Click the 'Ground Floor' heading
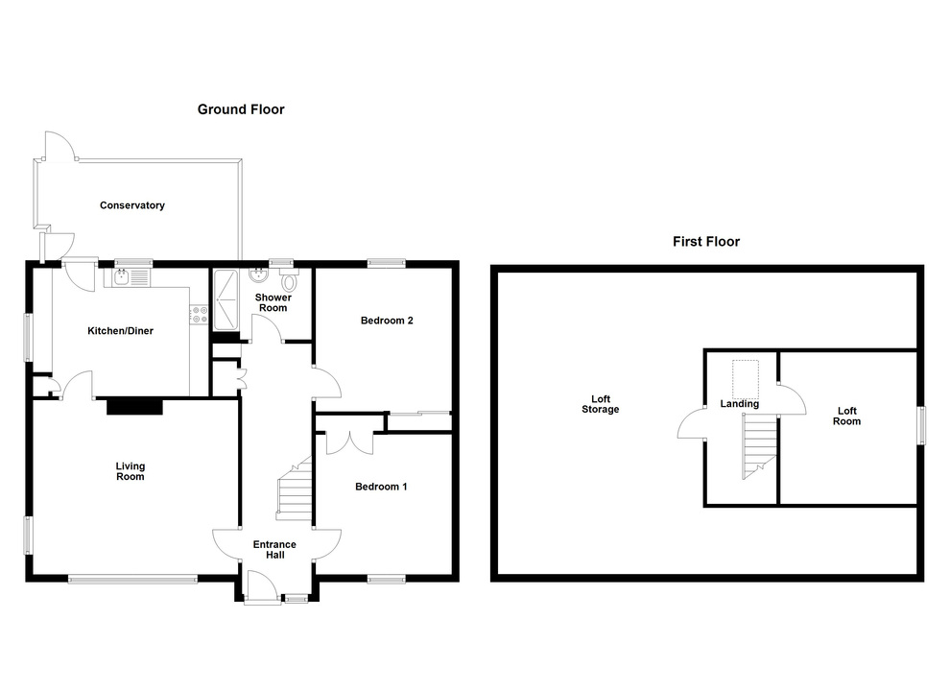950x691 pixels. tap(241, 109)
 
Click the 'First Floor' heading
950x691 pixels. tap(705, 242)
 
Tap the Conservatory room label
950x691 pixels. tap(132, 205)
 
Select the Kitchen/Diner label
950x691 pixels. tap(120, 331)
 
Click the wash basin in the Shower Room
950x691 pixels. tap(257, 276)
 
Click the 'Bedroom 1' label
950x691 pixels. tap(381, 487)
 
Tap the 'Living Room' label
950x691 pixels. tap(130, 471)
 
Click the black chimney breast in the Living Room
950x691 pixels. tap(134, 407)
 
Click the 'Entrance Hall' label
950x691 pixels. tap(274, 550)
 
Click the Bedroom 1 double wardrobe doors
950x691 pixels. tap(349, 442)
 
